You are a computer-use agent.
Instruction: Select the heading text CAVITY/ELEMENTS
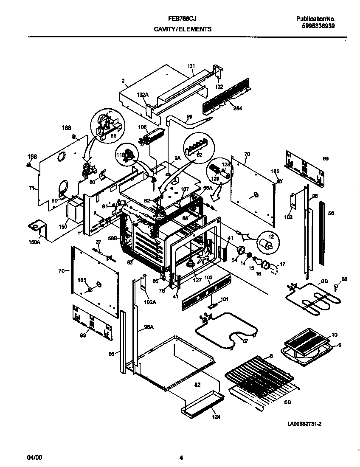[183, 30]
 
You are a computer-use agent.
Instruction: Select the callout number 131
[191, 66]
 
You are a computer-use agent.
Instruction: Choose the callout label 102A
[149, 303]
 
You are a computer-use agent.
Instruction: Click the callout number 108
[142, 127]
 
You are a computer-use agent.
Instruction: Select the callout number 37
[98, 242]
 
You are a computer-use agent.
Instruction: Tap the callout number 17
[283, 264]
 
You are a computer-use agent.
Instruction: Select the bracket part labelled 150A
[37, 228]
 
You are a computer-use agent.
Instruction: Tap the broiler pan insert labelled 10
[308, 342]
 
